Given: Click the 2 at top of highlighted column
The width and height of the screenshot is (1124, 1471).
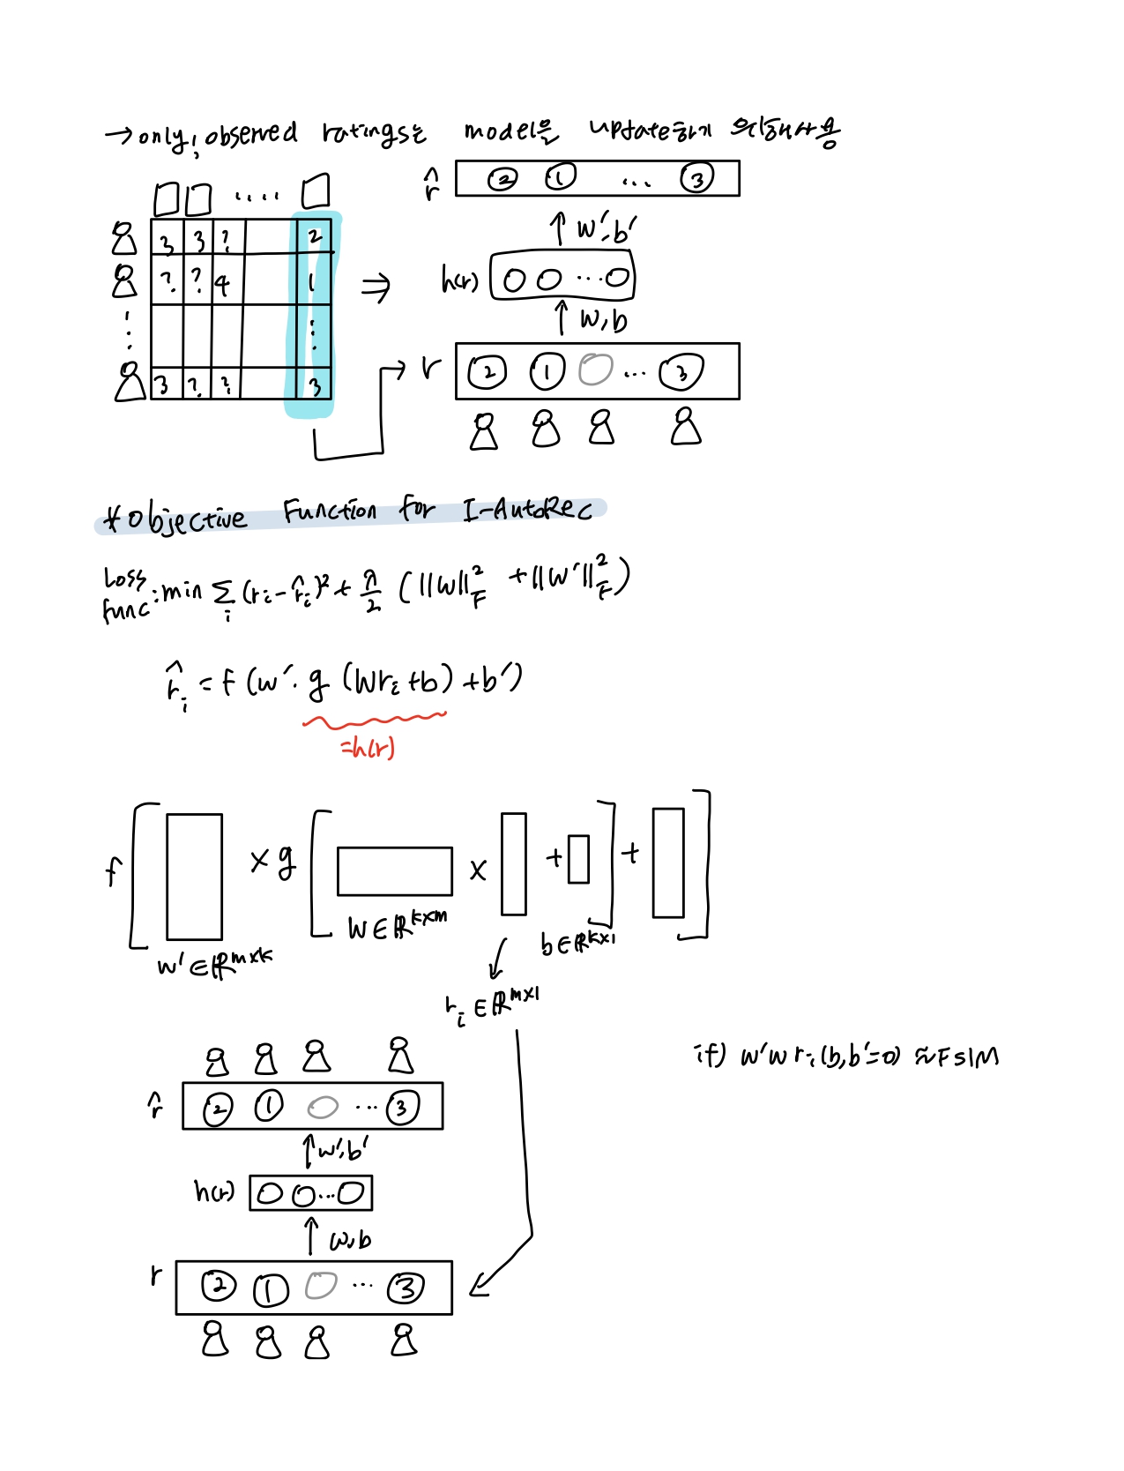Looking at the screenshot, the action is (x=315, y=236).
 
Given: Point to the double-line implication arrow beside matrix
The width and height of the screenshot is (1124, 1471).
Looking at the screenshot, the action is (x=376, y=287).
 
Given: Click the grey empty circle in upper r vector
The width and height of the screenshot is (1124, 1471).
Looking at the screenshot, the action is (x=595, y=370).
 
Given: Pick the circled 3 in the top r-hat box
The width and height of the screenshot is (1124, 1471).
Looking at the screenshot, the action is (x=696, y=179).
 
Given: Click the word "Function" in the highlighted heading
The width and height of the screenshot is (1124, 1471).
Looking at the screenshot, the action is (x=330, y=511).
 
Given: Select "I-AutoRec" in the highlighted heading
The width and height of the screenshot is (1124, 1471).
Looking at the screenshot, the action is (x=527, y=510).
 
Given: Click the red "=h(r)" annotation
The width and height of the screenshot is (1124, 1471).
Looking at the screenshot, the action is (x=368, y=749).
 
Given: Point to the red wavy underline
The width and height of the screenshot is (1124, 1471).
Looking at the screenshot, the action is (x=375, y=721).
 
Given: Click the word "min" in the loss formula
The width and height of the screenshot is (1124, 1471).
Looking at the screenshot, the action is (x=182, y=590).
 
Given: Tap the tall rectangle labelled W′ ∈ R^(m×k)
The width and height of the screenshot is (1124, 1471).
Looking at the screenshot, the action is (x=194, y=877).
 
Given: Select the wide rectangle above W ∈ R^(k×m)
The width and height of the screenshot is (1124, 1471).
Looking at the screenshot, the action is (x=394, y=871).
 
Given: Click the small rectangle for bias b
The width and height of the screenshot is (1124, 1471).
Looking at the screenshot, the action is (x=578, y=859).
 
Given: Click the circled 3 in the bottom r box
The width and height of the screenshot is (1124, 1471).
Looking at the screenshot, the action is (x=406, y=1288).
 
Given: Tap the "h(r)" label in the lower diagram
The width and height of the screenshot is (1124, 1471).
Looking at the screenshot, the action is (x=214, y=1192).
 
